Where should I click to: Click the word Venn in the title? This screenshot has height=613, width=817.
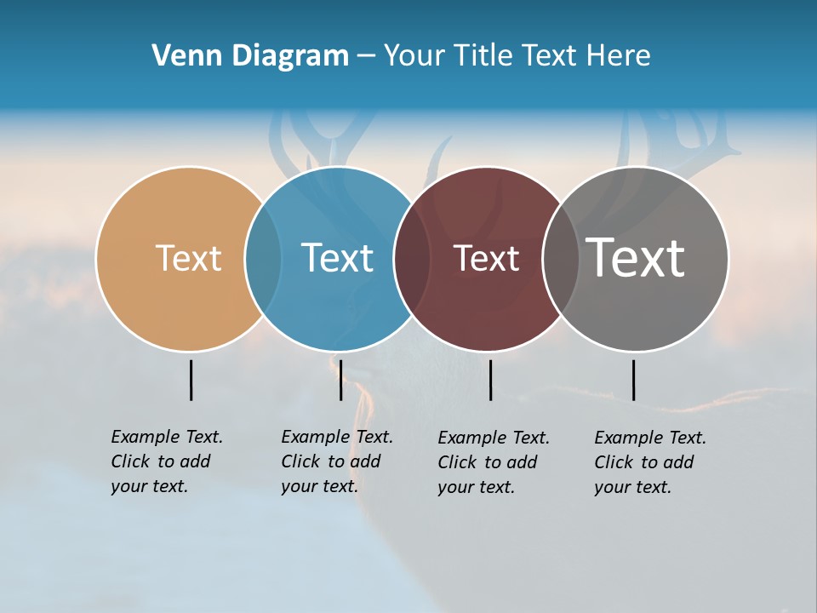click(x=180, y=56)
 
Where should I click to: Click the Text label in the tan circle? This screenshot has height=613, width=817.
click(x=188, y=258)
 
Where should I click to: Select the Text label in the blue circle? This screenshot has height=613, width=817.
click(x=337, y=258)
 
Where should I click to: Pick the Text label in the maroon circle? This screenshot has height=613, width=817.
click(x=486, y=258)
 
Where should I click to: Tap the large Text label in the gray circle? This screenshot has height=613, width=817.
click(x=636, y=258)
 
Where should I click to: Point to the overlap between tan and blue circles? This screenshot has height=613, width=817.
click(x=263, y=258)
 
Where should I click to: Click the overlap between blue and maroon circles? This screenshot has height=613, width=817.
click(x=412, y=258)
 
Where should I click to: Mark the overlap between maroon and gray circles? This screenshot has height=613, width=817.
click(x=560, y=258)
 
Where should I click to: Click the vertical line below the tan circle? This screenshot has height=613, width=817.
click(x=191, y=380)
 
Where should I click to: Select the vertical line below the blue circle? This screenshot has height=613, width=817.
click(x=340, y=380)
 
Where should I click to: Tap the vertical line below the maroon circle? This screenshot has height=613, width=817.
click(x=491, y=380)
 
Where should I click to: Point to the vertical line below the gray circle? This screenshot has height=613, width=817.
click(x=633, y=380)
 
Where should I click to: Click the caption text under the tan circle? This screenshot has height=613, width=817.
click(x=166, y=461)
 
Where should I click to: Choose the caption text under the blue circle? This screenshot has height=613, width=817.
click(x=336, y=461)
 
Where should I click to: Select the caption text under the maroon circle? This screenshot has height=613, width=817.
click(x=493, y=462)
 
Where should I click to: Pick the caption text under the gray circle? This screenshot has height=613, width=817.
click(x=649, y=462)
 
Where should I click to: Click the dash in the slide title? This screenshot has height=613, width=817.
click(x=366, y=57)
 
